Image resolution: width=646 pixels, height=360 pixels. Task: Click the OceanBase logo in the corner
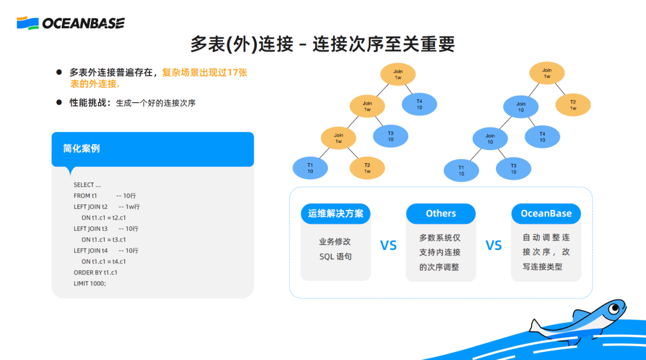(x=71, y=23)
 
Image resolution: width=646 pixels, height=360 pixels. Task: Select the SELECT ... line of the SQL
(x=87, y=185)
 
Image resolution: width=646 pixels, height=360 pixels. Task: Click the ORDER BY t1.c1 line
(x=95, y=272)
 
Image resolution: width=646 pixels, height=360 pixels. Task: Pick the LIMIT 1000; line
(x=90, y=283)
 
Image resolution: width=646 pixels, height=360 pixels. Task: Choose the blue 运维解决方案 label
(x=336, y=213)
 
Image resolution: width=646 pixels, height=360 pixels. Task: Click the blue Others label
(x=441, y=213)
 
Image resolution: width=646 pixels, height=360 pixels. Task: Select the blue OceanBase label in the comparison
(x=546, y=213)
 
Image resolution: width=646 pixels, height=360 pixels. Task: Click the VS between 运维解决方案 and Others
(x=388, y=245)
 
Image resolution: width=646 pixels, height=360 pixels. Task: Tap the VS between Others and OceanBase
(x=493, y=245)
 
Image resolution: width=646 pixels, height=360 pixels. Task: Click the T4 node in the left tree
(x=419, y=104)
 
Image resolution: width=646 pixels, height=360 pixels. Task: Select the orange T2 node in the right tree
(x=572, y=105)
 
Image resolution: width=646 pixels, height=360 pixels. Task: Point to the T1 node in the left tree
(x=310, y=168)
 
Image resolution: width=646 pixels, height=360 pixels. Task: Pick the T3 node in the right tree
(x=513, y=169)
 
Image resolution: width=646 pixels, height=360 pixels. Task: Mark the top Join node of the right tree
(x=547, y=73)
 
